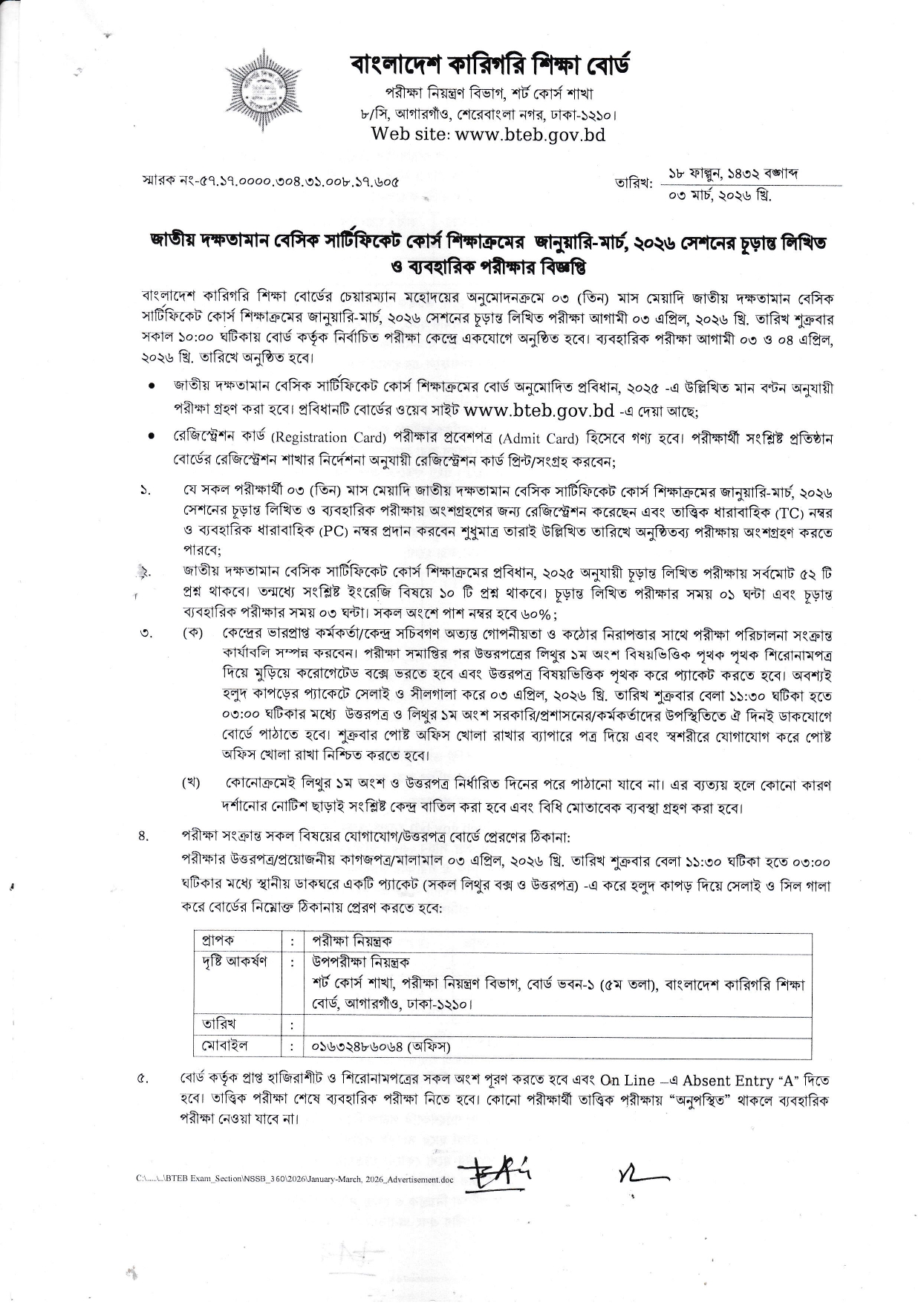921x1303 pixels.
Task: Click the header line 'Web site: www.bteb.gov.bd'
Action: [x=488, y=134]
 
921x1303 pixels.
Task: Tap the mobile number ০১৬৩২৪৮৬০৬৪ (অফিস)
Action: [x=381, y=1046]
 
